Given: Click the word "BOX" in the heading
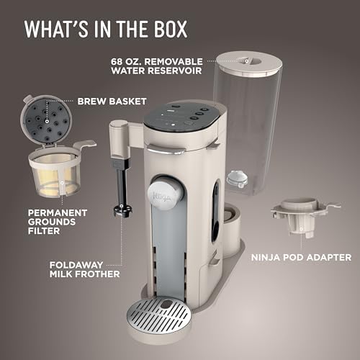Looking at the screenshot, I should coord(168,29).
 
